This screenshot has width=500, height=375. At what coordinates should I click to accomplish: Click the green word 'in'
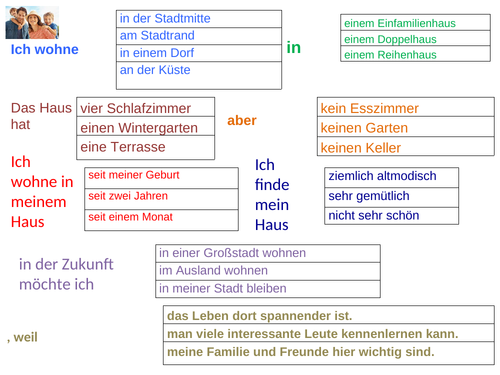(x=293, y=47)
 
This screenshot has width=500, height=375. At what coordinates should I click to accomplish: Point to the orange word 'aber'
(x=242, y=121)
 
